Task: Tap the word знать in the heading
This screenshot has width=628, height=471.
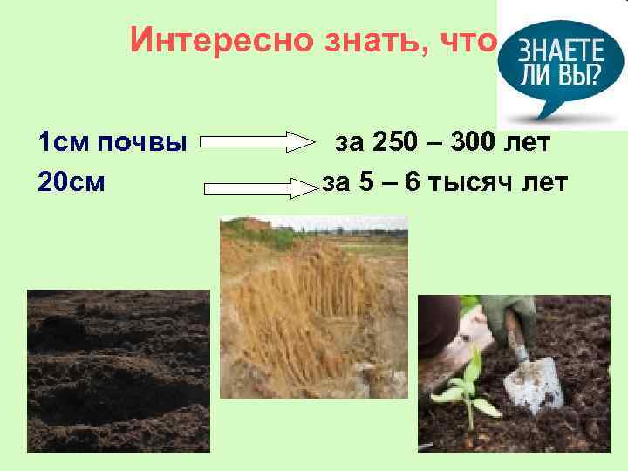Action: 366,40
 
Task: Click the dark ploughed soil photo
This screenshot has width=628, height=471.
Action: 118,371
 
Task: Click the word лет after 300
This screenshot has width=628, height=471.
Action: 528,141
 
